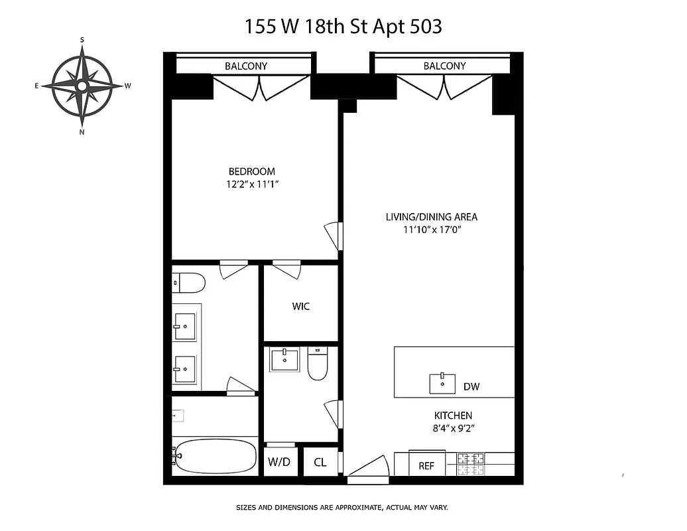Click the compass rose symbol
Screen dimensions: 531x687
pos(82,86)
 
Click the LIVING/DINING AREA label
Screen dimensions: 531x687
pos(431,216)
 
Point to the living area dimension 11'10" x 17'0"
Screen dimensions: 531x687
pos(431,230)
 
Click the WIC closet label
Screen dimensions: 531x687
pos(300,307)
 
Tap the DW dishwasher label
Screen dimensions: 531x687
pos(471,386)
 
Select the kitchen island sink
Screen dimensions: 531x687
pos(442,383)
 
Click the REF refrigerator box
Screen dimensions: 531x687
pos(426,465)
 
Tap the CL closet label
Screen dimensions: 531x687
pos(320,463)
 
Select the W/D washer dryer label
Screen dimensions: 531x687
pos(279,463)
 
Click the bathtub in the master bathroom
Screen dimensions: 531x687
pos(214,456)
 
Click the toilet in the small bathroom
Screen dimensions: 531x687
pos(318,364)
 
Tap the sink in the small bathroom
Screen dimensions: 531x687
pos(285,360)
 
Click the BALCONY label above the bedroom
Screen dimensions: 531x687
pos(246,66)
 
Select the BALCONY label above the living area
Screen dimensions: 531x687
pos(444,66)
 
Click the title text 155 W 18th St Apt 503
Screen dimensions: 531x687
pos(343,27)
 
